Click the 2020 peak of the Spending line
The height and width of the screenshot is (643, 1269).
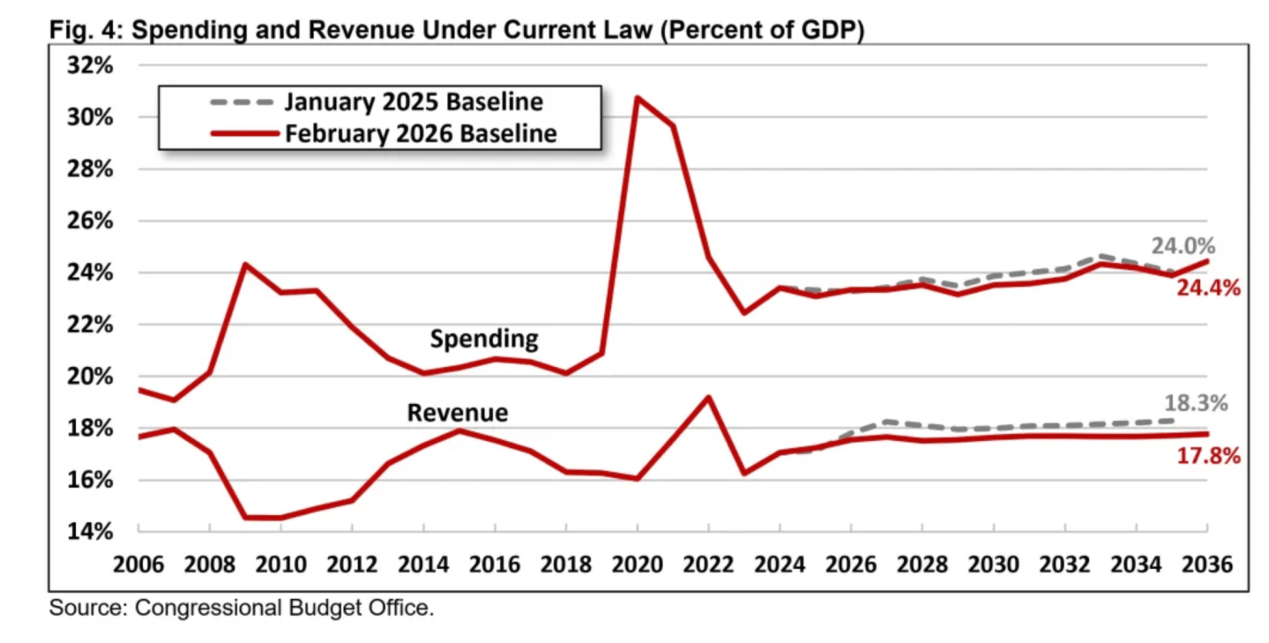click(638, 97)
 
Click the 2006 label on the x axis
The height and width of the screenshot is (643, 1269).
click(138, 564)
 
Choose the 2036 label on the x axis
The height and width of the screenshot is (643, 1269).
click(1207, 564)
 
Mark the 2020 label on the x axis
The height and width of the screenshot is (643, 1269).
click(637, 564)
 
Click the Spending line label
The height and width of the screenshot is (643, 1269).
click(483, 338)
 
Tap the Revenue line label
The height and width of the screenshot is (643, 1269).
click(457, 412)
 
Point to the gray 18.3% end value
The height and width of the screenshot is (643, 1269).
click(1196, 404)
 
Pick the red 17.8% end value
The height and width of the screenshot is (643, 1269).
click(1208, 456)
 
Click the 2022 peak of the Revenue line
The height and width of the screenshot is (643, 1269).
click(708, 397)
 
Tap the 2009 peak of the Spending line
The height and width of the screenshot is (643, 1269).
click(245, 264)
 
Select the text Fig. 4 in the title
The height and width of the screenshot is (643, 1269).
click(77, 30)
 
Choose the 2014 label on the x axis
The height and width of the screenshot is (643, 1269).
click(423, 564)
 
